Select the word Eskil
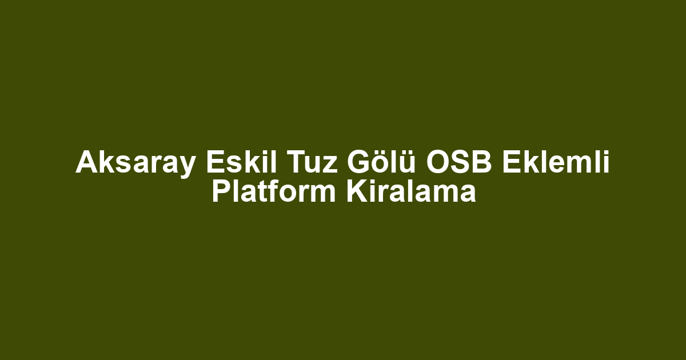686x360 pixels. tap(241, 162)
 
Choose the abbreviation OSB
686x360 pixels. tap(459, 162)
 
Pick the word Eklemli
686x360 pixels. tap(556, 162)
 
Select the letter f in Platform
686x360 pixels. tap(275, 191)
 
